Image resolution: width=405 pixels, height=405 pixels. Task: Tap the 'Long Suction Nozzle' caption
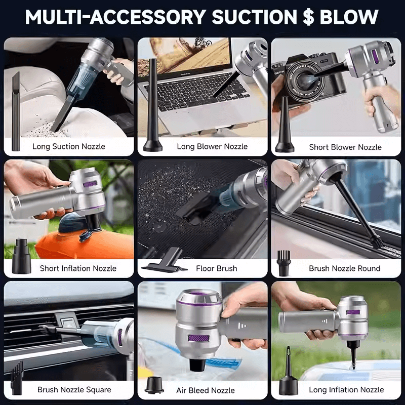[x=69, y=146]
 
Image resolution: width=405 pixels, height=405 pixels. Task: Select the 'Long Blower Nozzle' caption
[x=212, y=146]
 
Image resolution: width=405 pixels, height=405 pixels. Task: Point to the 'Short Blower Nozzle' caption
[x=345, y=147]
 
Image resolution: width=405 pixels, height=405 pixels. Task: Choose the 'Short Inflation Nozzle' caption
[x=78, y=268]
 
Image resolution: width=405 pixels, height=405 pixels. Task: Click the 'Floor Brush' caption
[x=217, y=268]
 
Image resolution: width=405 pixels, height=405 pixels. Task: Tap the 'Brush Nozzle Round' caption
[x=345, y=268]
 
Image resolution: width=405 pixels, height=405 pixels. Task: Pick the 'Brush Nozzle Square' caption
[x=74, y=390]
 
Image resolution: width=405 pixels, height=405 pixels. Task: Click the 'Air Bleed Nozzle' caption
[x=206, y=390]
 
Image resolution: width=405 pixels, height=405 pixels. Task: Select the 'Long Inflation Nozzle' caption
[x=346, y=390]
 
